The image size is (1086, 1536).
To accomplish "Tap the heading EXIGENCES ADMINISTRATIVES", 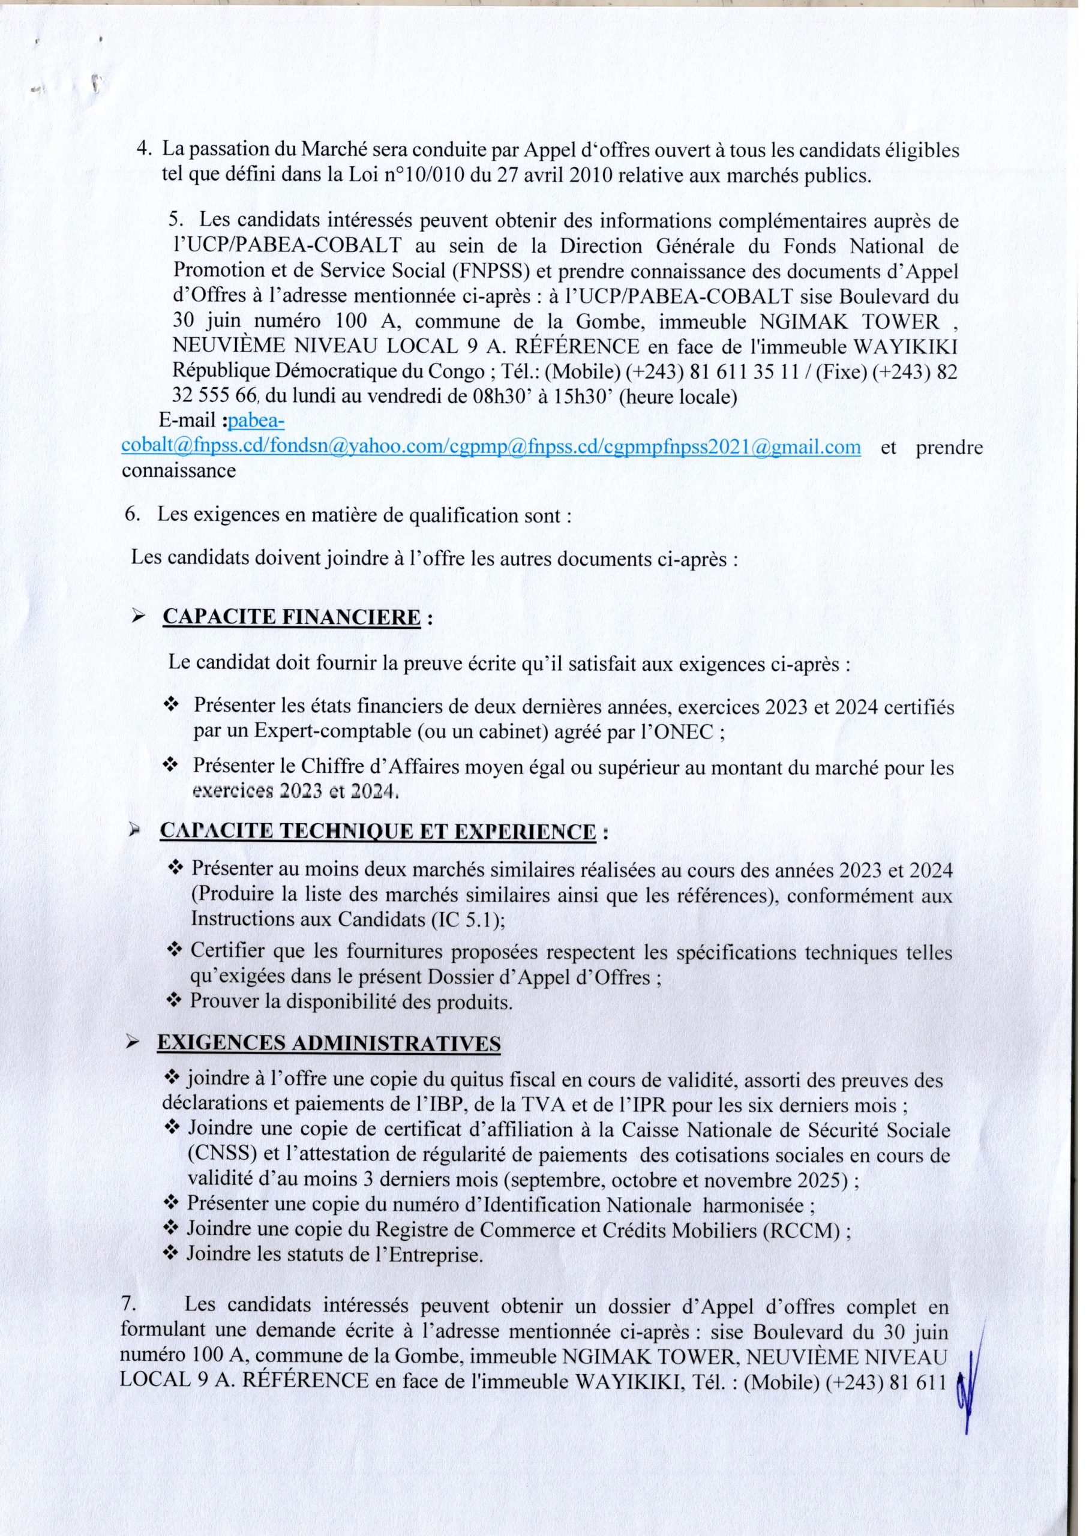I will tap(329, 1043).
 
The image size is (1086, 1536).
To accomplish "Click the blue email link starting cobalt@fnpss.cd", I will tap(490, 447).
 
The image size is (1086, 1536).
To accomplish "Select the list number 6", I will tap(131, 516).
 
